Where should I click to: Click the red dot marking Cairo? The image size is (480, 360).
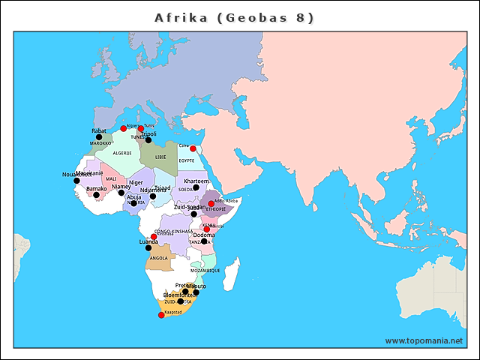tap(193, 148)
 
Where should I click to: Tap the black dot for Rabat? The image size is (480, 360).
tap(99, 136)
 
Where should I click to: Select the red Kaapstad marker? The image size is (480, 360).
tap(161, 315)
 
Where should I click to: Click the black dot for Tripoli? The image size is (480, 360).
tap(148, 140)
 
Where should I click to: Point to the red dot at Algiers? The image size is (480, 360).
tap(124, 129)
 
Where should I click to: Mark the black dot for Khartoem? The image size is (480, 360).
tap(196, 187)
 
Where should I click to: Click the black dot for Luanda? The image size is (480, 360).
tap(148, 248)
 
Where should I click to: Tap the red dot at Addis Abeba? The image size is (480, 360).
tap(211, 203)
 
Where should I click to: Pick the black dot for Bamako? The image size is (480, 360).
tap(96, 195)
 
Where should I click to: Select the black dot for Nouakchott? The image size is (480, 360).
tap(76, 181)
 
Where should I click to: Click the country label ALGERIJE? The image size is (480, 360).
tap(122, 153)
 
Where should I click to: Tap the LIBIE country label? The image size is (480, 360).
tap(161, 157)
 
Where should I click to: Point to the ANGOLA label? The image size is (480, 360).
tap(159, 258)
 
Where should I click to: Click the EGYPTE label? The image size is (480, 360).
tap(187, 160)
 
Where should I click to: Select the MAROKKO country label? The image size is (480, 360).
tap(100, 143)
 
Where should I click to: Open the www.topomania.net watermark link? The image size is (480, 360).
tap(424, 340)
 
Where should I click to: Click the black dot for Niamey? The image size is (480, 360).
tap(121, 193)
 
